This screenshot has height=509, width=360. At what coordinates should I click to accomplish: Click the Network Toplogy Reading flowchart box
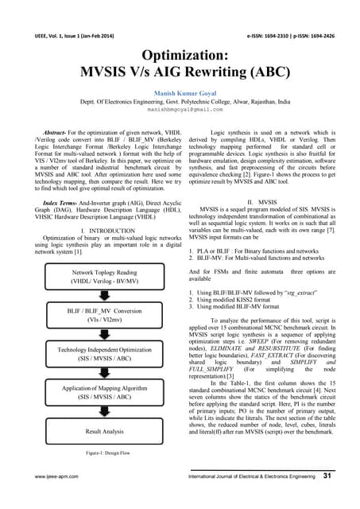[x=95, y=278]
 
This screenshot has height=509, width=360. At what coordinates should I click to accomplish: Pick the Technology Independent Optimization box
[x=95, y=377]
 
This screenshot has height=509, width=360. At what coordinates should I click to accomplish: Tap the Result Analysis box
[x=95, y=453]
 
